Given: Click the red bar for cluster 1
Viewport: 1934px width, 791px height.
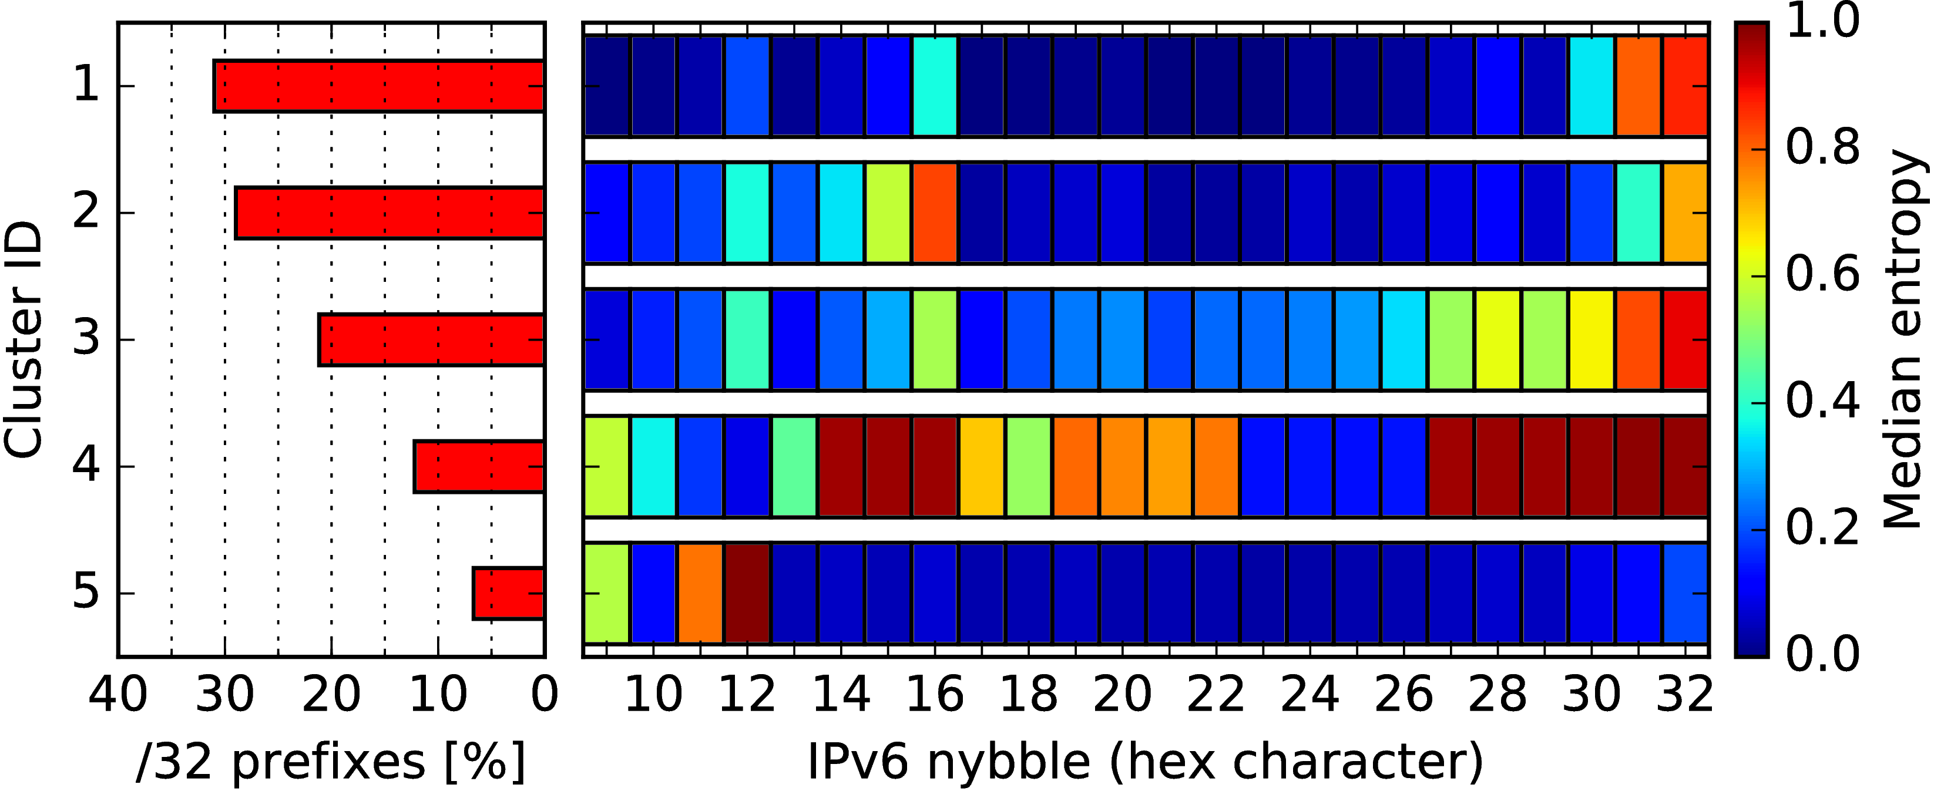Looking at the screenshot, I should pyautogui.click(x=379, y=86).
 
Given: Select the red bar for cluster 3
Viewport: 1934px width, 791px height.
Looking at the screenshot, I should pyautogui.click(x=432, y=340).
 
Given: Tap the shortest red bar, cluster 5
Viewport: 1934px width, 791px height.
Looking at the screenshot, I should pyautogui.click(x=508, y=594).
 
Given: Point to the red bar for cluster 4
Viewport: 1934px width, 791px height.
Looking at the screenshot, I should pyautogui.click(x=479, y=467).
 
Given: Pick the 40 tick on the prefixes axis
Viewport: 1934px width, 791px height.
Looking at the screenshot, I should pyautogui.click(x=118, y=694).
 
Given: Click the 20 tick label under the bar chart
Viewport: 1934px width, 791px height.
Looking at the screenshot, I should pyautogui.click(x=331, y=694).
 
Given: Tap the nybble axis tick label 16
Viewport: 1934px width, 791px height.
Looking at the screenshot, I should pyautogui.click(x=935, y=694).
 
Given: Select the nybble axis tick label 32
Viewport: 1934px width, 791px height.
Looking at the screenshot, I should pyautogui.click(x=1685, y=694).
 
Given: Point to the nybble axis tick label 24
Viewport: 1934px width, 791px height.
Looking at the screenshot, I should pyautogui.click(x=1310, y=694).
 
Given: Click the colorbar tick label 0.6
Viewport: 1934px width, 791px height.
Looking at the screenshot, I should pyautogui.click(x=1823, y=275).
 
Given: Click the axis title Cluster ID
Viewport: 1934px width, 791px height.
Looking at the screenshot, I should pyautogui.click(x=22, y=339).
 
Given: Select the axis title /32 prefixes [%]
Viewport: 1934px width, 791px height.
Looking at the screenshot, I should pyautogui.click(x=331, y=762).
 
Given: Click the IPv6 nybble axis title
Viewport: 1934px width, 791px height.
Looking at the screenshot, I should pyautogui.click(x=1146, y=762).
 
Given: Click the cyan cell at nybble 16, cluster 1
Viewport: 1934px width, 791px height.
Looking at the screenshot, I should pyautogui.click(x=935, y=86).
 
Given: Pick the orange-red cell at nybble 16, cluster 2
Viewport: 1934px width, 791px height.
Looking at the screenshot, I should pyautogui.click(x=935, y=213).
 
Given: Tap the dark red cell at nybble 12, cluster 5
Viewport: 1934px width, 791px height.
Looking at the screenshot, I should pyautogui.click(x=747, y=594).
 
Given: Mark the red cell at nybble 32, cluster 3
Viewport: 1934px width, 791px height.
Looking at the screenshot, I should pyautogui.click(x=1685, y=340).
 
